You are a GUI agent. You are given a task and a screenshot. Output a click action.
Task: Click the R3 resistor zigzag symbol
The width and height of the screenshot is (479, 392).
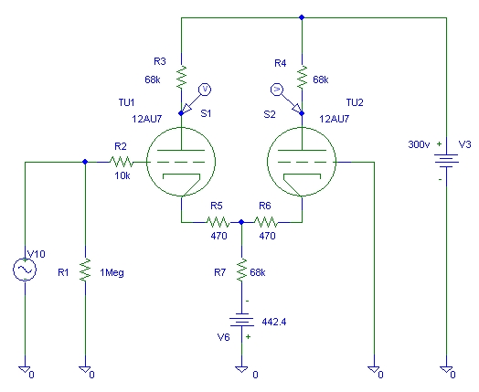tap(182, 77)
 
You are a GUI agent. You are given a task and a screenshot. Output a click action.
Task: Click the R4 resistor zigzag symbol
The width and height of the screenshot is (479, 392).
tap(302, 77)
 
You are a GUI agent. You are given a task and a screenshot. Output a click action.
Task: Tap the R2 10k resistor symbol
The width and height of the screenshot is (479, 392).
tap(122, 162)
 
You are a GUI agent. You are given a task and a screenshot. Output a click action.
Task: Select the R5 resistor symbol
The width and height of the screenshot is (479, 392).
tap(218, 222)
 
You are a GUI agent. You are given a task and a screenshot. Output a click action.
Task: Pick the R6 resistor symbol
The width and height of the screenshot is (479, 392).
tap(266, 222)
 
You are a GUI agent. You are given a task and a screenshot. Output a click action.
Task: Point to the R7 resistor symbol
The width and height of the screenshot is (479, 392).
tap(241, 270)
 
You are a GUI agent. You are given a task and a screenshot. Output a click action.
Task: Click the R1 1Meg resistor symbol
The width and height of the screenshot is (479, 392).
tap(85, 270)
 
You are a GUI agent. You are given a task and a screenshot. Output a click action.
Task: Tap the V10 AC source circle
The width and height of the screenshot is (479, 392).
tap(25, 270)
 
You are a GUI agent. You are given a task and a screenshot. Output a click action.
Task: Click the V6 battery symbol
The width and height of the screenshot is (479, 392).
tap(241, 320)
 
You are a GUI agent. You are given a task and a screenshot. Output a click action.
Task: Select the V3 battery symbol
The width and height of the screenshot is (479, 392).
tap(446, 161)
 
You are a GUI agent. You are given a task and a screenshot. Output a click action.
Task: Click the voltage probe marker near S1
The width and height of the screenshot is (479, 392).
tap(205, 90)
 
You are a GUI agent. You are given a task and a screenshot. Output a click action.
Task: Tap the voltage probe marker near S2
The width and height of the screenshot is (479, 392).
tap(277, 90)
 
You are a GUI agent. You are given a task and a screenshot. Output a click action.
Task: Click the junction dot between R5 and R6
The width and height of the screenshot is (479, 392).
tap(241, 222)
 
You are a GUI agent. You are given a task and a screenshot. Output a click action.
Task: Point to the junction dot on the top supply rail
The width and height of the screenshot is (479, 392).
tap(302, 17)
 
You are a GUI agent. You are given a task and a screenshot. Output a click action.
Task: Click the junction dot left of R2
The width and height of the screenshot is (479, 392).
tap(85, 162)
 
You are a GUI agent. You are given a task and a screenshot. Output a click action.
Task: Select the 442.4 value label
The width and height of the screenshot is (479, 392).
tap(274, 322)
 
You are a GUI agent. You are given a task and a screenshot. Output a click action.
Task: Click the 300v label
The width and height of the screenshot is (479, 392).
tap(417, 144)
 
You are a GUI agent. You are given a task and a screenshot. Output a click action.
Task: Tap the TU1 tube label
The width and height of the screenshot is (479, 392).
tap(127, 102)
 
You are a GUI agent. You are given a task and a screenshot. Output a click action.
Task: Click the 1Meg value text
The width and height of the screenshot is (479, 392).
tap(112, 272)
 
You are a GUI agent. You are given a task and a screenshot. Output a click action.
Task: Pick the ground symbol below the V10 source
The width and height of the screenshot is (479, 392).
tap(25, 369)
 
